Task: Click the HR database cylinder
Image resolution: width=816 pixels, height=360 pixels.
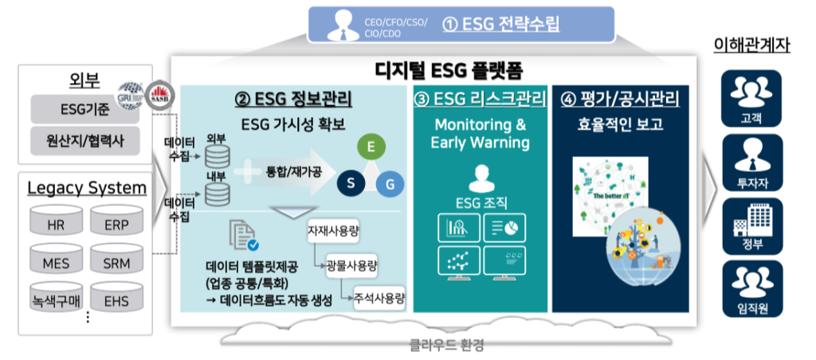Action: coord(56,225)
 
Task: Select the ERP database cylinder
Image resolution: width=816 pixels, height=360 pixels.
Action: coord(116,225)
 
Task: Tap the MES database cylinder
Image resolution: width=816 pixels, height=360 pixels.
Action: coord(56,263)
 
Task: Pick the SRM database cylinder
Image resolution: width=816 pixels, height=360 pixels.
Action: coord(116,263)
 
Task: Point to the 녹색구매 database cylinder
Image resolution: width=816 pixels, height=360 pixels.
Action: coord(56,300)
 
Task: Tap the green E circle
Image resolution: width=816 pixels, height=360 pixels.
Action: coord(370,147)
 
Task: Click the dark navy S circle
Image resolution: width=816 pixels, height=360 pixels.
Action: coord(349,184)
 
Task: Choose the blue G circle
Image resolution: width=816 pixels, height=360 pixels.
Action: coord(390,185)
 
